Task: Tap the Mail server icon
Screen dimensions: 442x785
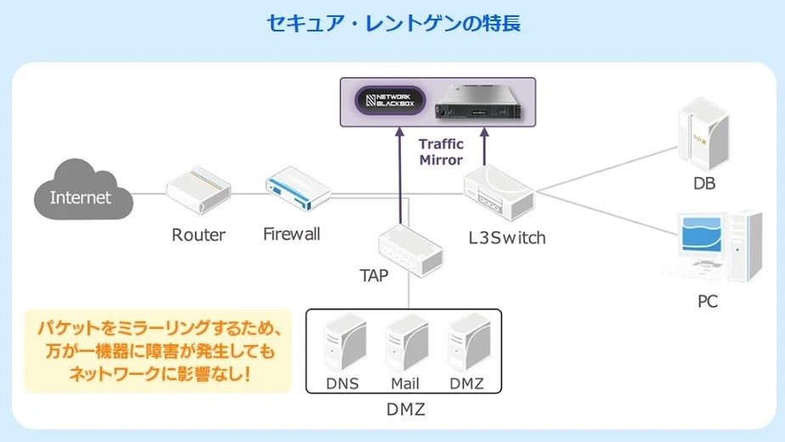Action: pyautogui.click(x=405, y=344)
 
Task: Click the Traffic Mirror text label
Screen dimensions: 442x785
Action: pyautogui.click(x=441, y=151)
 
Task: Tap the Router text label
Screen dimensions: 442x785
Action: pyautogui.click(x=198, y=235)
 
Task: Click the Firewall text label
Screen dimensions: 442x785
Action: pyautogui.click(x=291, y=234)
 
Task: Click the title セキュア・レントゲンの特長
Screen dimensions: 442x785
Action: pyautogui.click(x=392, y=23)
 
